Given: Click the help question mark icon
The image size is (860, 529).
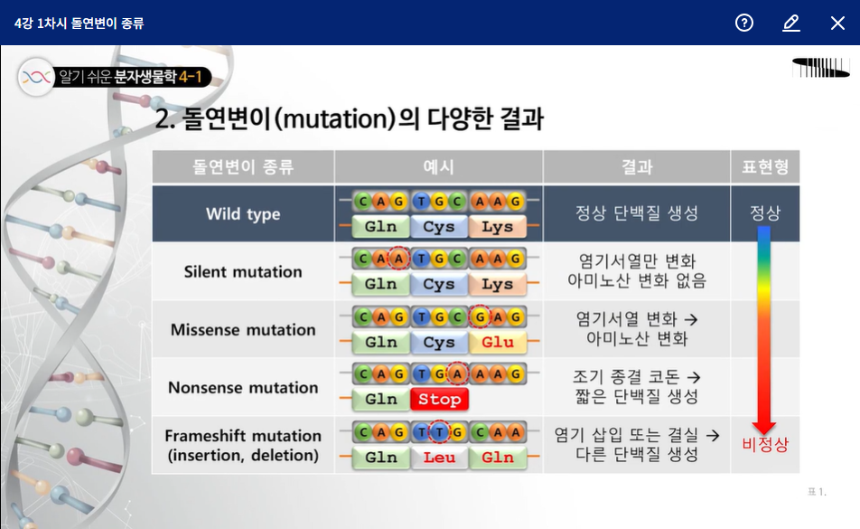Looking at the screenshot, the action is click(744, 23).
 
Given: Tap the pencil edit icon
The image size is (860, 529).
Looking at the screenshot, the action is click(791, 23).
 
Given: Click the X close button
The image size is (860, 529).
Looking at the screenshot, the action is click(837, 23).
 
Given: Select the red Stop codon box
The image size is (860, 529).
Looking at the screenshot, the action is click(439, 399).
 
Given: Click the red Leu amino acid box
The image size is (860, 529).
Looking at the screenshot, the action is click(439, 458).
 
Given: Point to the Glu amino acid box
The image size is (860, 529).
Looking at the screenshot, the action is click(498, 342).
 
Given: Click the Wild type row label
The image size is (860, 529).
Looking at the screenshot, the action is click(243, 214).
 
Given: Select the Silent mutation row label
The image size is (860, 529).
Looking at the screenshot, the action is click(243, 271).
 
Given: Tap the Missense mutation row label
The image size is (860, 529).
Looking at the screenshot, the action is click(243, 330).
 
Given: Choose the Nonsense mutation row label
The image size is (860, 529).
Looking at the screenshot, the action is click(243, 387).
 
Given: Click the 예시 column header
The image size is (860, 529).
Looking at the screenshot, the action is click(438, 166).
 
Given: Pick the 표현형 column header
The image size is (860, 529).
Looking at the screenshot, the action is click(765, 166).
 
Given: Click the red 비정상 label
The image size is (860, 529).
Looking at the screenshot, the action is click(765, 444).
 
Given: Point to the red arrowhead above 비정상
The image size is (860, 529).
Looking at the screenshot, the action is click(764, 428).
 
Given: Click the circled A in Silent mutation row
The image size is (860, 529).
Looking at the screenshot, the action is click(398, 259).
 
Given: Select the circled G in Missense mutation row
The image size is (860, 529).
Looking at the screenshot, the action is click(480, 316).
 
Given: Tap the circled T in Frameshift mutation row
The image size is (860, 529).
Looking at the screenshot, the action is click(439, 432).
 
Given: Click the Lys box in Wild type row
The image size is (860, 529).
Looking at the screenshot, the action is click(498, 227).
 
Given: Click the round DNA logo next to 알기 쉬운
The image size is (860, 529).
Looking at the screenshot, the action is click(36, 77).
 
